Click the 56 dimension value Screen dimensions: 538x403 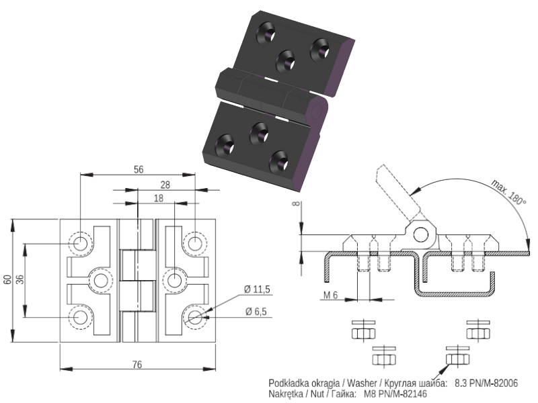coord(139,169)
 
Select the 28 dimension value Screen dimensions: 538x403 coord(165,185)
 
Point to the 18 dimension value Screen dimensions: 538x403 coord(159,198)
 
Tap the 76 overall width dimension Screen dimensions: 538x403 coord(137,365)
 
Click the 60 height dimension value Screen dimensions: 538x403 coord(7,279)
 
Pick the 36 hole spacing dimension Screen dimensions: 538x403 coord(20,279)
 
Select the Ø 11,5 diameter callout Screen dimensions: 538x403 coord(257,289)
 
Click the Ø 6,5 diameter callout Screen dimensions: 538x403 coord(256,312)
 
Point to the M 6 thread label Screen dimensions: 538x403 coord(330,295)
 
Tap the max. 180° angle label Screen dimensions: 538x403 coord(509,192)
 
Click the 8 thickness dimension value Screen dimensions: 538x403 coord(297,204)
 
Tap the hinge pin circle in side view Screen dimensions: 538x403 coord(421,235)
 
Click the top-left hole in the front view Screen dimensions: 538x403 coord(81,244)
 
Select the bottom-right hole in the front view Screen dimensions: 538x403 coord(195,317)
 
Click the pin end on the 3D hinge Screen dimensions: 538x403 coord(316,111)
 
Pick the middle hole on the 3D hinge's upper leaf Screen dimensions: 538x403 coord(285,62)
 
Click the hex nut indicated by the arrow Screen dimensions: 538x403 coord(457,359)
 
